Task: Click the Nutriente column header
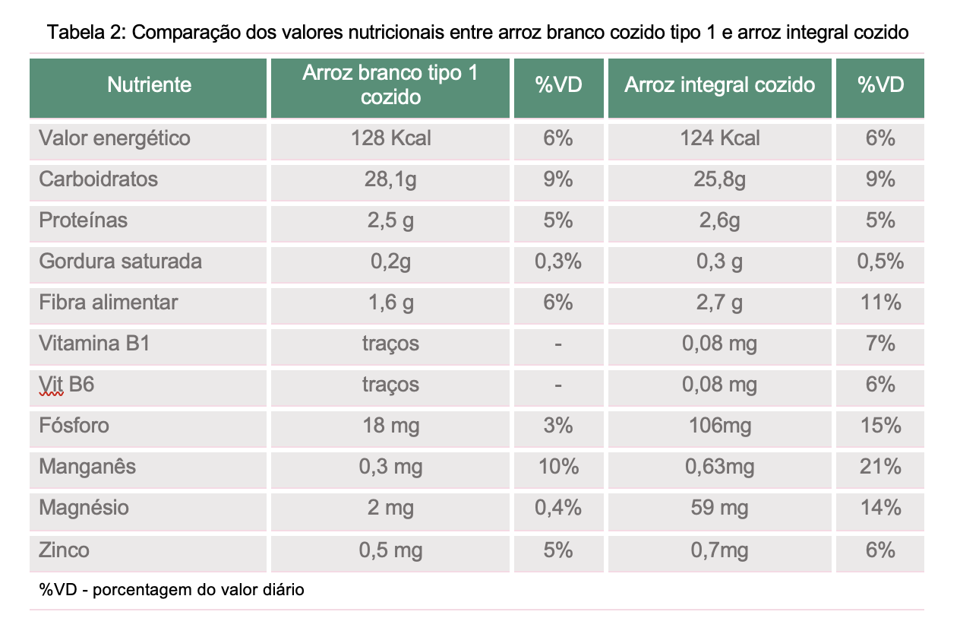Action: pyautogui.click(x=149, y=84)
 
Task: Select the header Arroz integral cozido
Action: pyautogui.click(x=719, y=84)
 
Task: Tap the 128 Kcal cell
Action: pyautogui.click(x=390, y=138)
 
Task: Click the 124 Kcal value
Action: pyautogui.click(x=719, y=138)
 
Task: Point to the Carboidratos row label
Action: pyautogui.click(x=98, y=179)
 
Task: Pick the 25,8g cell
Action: pyautogui.click(x=719, y=179)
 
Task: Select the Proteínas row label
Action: pyautogui.click(x=83, y=220)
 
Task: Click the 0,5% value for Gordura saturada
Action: pyautogui.click(x=880, y=262)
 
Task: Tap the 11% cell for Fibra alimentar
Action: pyautogui.click(x=880, y=303)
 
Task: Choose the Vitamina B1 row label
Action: pyautogui.click(x=94, y=343)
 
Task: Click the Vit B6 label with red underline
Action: pyautogui.click(x=66, y=384)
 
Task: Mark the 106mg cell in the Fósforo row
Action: pyautogui.click(x=719, y=426)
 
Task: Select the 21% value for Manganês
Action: pyautogui.click(x=880, y=466)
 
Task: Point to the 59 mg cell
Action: pyautogui.click(x=719, y=508)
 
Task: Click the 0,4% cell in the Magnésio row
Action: pyautogui.click(x=558, y=508)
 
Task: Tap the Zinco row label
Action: pyautogui.click(x=65, y=550)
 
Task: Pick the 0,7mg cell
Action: pyautogui.click(x=719, y=550)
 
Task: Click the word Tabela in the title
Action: pyautogui.click(x=74, y=32)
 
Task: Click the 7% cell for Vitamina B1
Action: pyautogui.click(x=880, y=343)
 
